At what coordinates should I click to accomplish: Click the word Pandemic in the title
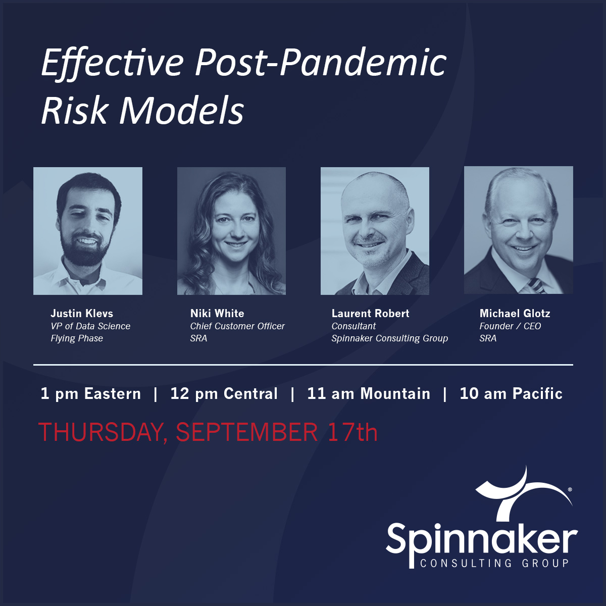tap(363, 62)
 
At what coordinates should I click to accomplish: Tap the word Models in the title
tap(181, 111)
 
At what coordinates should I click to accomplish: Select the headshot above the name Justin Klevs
tap(88, 231)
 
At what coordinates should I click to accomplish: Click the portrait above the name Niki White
tap(231, 231)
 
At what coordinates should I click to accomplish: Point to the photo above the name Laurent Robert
tap(375, 231)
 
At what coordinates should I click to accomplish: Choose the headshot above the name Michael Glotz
tap(519, 230)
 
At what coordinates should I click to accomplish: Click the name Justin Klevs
tap(82, 313)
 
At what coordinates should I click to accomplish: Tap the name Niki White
tap(217, 313)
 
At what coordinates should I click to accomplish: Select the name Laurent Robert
tap(371, 313)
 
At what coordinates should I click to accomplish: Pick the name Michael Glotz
tap(515, 313)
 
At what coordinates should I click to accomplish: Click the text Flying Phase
tap(77, 339)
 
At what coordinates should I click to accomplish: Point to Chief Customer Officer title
tap(237, 326)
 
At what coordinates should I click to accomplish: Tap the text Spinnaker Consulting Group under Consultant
tap(390, 339)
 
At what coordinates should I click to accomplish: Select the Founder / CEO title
tap(510, 326)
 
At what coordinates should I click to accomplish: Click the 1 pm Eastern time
tap(91, 394)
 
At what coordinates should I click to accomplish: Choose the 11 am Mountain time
tap(369, 394)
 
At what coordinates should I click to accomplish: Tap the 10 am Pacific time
tap(511, 394)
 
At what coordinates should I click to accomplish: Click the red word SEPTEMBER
tap(246, 432)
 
